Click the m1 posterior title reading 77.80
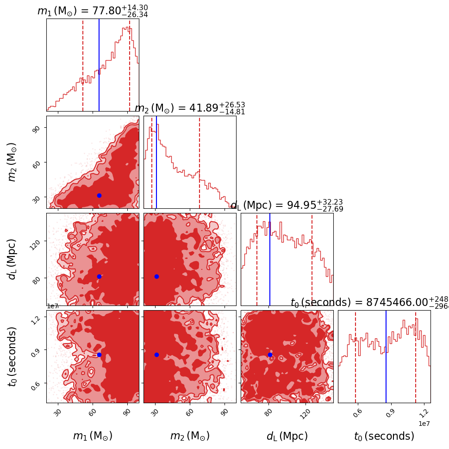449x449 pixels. pyautogui.click(x=93, y=11)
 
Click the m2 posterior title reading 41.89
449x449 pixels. pyautogui.click(x=190, y=108)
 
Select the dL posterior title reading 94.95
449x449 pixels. pyautogui.click(x=287, y=206)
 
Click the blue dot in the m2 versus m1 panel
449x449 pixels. pyautogui.click(x=99, y=195)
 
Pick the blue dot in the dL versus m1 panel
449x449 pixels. pyautogui.click(x=99, y=276)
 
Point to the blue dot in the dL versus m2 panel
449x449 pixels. pyautogui.click(x=156, y=276)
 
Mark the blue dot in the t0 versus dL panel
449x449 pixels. pyautogui.click(x=270, y=355)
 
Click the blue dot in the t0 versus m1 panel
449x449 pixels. pyautogui.click(x=99, y=355)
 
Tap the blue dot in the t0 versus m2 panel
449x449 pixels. pyautogui.click(x=156, y=355)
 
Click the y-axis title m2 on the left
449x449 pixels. pyautogui.click(x=12, y=162)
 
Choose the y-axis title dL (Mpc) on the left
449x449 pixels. pyautogui.click(x=12, y=259)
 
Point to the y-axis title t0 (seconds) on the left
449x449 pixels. pyautogui.click(x=12, y=356)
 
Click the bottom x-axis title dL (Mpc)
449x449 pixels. pyautogui.click(x=287, y=436)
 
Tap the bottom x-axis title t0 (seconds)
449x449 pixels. pyautogui.click(x=384, y=436)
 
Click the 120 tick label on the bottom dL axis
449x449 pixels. pyautogui.click(x=305, y=413)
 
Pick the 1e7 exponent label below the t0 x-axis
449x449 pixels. pyautogui.click(x=424, y=423)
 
